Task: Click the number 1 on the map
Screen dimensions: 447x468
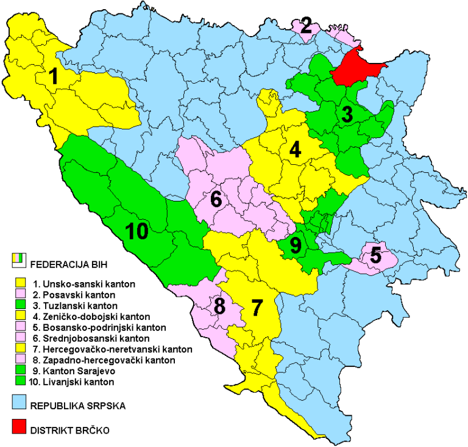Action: point(54,76)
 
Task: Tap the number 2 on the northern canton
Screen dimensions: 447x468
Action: point(306,26)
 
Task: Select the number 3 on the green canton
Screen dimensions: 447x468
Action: point(346,114)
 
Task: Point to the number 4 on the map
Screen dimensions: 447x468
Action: point(296,150)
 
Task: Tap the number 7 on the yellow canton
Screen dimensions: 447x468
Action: point(257,307)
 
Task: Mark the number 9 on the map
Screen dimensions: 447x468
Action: point(296,245)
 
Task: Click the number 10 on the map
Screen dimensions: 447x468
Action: point(137,231)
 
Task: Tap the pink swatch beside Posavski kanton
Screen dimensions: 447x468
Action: point(19,294)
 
